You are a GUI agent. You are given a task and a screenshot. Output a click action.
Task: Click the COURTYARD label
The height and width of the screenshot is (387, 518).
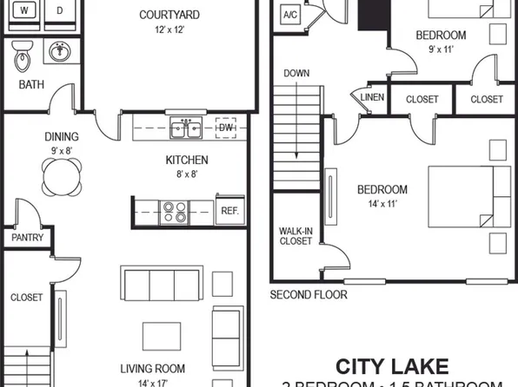170,15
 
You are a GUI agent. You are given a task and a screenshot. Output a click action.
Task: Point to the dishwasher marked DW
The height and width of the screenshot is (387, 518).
226,129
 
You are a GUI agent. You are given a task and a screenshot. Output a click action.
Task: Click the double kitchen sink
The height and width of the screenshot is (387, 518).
186,129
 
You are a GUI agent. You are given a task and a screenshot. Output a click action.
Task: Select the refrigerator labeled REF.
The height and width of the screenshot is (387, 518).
229,211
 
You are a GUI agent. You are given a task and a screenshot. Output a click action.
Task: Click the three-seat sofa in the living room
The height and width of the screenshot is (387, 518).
161,284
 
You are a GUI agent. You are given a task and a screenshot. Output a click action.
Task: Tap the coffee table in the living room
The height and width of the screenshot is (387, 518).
163,334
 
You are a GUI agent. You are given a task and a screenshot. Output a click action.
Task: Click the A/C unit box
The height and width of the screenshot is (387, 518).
290,15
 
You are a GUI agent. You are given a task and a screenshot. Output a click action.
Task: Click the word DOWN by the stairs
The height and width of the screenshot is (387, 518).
296,74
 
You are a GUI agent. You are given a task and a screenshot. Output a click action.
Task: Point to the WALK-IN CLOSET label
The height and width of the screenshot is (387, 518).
295,236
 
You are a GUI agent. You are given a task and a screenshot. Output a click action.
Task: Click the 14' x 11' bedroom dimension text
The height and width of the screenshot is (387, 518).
382,204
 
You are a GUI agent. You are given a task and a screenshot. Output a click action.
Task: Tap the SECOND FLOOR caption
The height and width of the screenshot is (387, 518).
309,295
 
